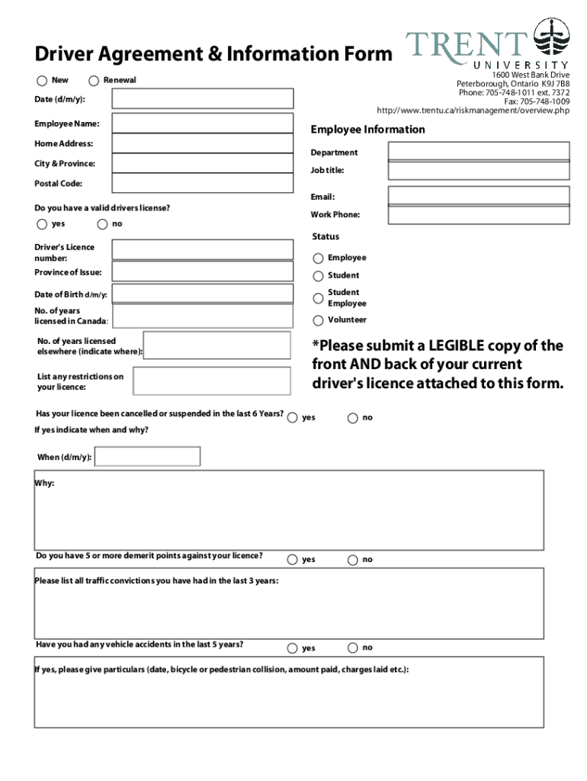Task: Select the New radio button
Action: coord(41,81)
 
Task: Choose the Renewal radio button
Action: coord(94,81)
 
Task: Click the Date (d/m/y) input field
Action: coord(203,99)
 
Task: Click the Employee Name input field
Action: coord(203,123)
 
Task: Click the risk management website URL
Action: coord(467,111)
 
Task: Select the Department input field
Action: coord(478,151)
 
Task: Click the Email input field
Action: coord(478,196)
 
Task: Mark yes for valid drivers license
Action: coord(41,224)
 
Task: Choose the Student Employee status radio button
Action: coord(318,298)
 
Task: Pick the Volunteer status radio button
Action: coord(318,320)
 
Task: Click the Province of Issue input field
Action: coord(203,272)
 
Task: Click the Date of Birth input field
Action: coord(203,294)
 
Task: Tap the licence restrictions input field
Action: coord(211,381)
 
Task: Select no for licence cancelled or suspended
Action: coord(352,418)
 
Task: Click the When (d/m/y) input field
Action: coord(147,457)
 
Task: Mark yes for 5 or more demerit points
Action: coord(293,560)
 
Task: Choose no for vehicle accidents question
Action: coord(352,648)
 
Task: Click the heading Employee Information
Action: coord(368,130)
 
